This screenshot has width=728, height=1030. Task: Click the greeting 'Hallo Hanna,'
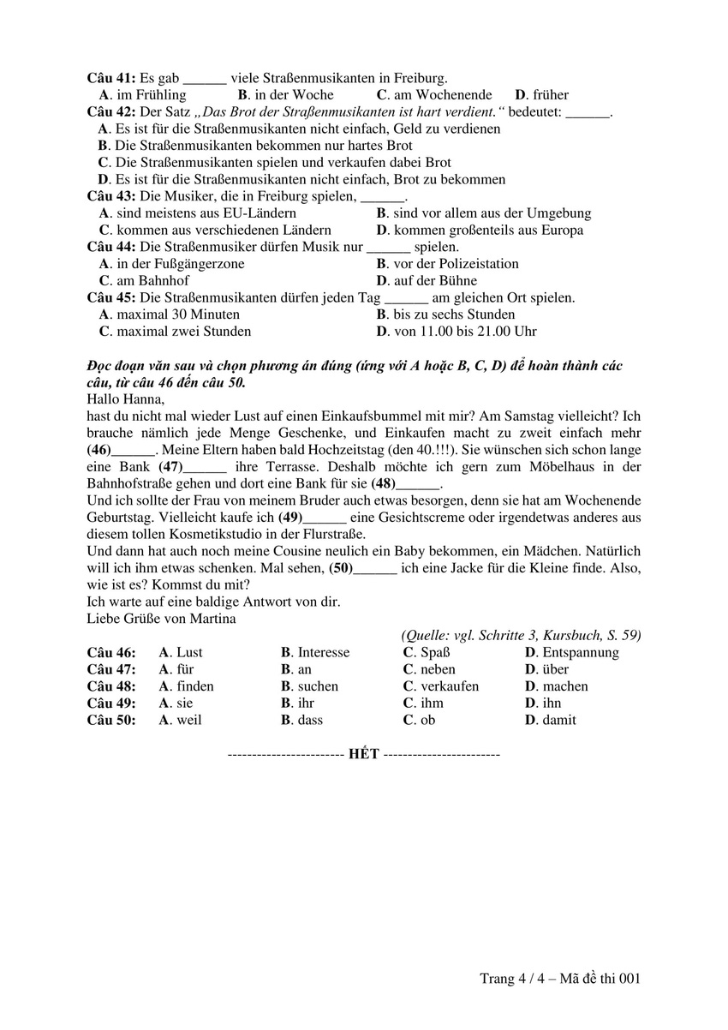(124, 398)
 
